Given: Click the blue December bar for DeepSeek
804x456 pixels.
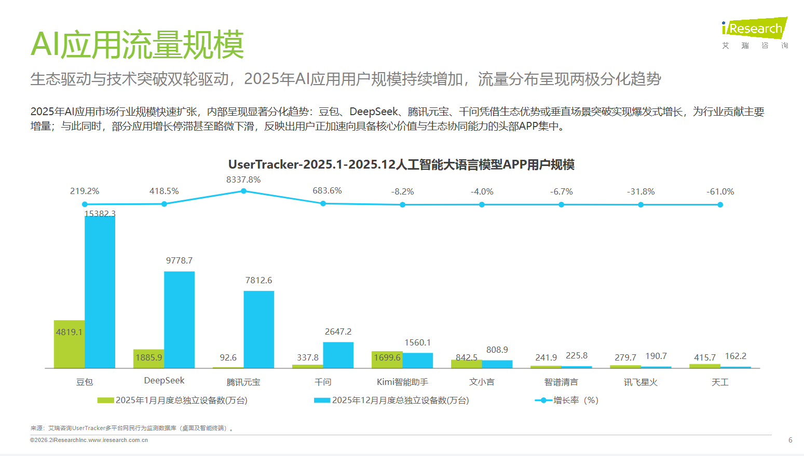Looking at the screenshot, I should [179, 319].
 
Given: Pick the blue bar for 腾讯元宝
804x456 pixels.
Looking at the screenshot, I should [258, 329].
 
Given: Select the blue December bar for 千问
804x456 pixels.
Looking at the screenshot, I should [338, 355].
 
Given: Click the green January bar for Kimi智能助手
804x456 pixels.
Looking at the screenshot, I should [387, 360].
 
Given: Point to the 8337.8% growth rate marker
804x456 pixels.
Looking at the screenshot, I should [243, 191].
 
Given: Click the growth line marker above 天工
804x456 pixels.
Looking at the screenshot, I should [720, 205].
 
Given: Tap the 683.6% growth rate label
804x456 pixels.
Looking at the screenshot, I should [327, 191].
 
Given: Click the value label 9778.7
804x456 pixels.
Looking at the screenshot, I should [179, 260].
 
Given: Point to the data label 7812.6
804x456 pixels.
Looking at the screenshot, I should [258, 280].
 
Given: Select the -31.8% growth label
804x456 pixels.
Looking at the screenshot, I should [641, 191].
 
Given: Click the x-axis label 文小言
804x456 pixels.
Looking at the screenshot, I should [482, 382].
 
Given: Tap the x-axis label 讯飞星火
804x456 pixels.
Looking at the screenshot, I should [641, 382].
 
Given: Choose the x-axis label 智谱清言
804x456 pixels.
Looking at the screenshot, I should [561, 382].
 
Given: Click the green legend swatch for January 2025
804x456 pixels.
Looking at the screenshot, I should [105, 400].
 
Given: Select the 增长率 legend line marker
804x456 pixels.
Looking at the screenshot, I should [543, 400].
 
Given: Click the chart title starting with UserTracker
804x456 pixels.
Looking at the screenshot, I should [401, 164].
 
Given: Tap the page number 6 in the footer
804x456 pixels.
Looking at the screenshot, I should [790, 440].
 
